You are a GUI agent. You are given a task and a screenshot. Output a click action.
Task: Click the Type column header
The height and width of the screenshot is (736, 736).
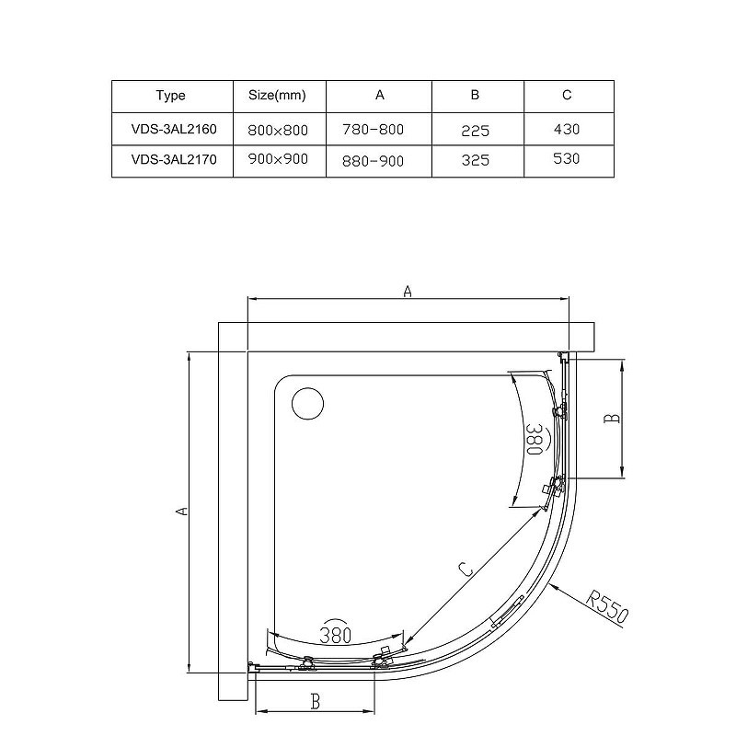pos(171,96)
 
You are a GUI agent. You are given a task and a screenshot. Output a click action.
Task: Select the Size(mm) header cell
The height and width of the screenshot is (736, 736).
pos(277,96)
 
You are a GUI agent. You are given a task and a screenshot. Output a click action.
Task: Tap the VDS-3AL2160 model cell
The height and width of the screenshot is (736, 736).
pos(174,129)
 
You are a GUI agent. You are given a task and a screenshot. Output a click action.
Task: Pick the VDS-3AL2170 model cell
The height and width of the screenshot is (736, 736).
pos(174,159)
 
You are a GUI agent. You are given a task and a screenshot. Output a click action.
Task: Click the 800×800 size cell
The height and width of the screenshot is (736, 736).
pos(278,130)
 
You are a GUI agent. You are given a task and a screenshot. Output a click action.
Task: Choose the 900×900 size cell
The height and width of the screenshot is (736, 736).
pos(278,159)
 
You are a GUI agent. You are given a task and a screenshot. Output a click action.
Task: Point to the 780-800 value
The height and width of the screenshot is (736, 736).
pos(374,130)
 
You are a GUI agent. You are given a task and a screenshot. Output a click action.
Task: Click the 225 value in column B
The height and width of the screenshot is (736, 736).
pos(476,131)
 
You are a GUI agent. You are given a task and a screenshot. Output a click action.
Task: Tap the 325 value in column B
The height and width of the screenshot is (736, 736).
pos(476,160)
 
